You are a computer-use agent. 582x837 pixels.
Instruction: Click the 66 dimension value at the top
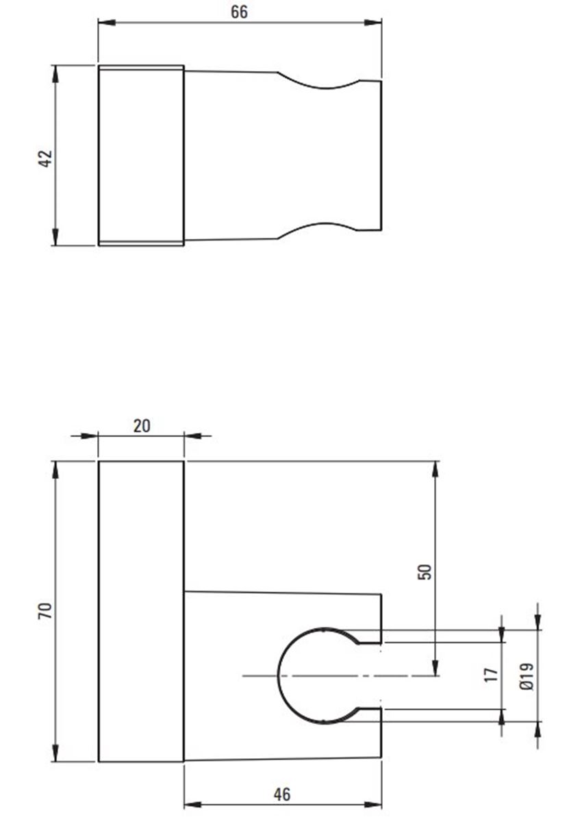[x=239, y=12]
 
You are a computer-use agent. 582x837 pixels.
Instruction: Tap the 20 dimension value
[x=141, y=425]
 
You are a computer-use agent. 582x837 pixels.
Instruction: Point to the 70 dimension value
[x=45, y=611]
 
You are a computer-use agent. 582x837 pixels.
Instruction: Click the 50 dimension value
[x=426, y=572]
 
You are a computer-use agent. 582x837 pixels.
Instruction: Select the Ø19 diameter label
[x=526, y=675]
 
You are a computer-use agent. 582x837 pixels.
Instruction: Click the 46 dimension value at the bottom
[x=281, y=794]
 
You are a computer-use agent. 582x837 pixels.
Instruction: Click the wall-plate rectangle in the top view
[x=141, y=155]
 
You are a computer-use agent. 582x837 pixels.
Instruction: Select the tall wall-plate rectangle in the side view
[x=141, y=611]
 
